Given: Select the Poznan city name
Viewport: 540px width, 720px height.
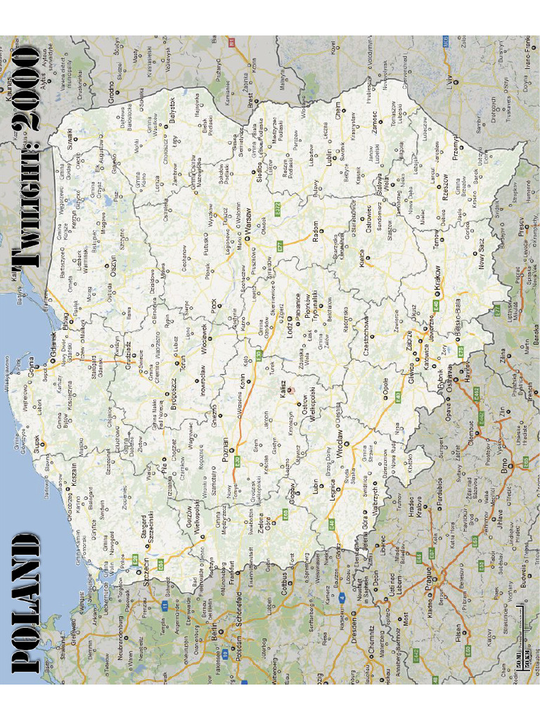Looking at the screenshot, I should coord(225,447).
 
